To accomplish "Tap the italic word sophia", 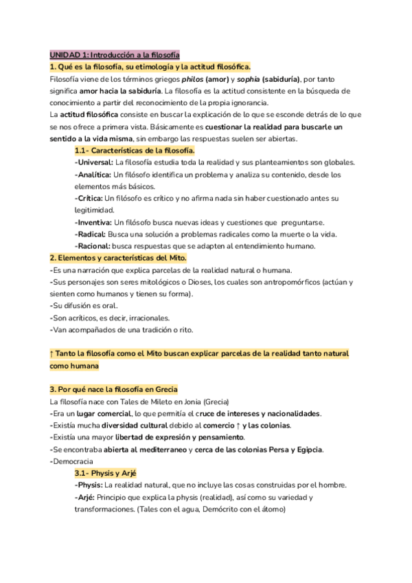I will (x=253, y=78).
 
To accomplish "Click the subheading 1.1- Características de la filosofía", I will (x=135, y=150).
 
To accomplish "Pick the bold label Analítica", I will (x=93, y=175).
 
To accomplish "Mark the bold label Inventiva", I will (x=93, y=222).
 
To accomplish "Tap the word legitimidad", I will (x=94, y=210).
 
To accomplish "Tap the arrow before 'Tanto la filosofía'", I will (x=52, y=353).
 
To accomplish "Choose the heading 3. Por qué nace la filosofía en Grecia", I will (x=113, y=388).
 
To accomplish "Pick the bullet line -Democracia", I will (x=72, y=461).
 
